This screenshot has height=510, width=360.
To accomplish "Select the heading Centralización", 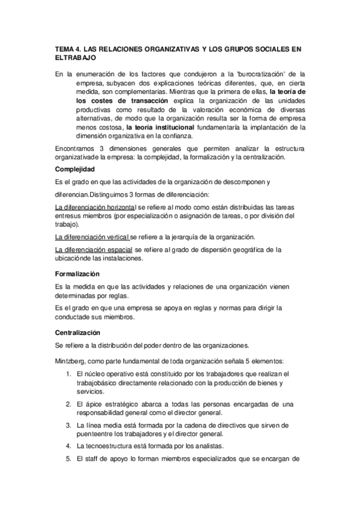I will [x=78, y=333].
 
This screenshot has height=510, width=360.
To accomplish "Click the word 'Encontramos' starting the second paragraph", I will [x=75, y=148].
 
